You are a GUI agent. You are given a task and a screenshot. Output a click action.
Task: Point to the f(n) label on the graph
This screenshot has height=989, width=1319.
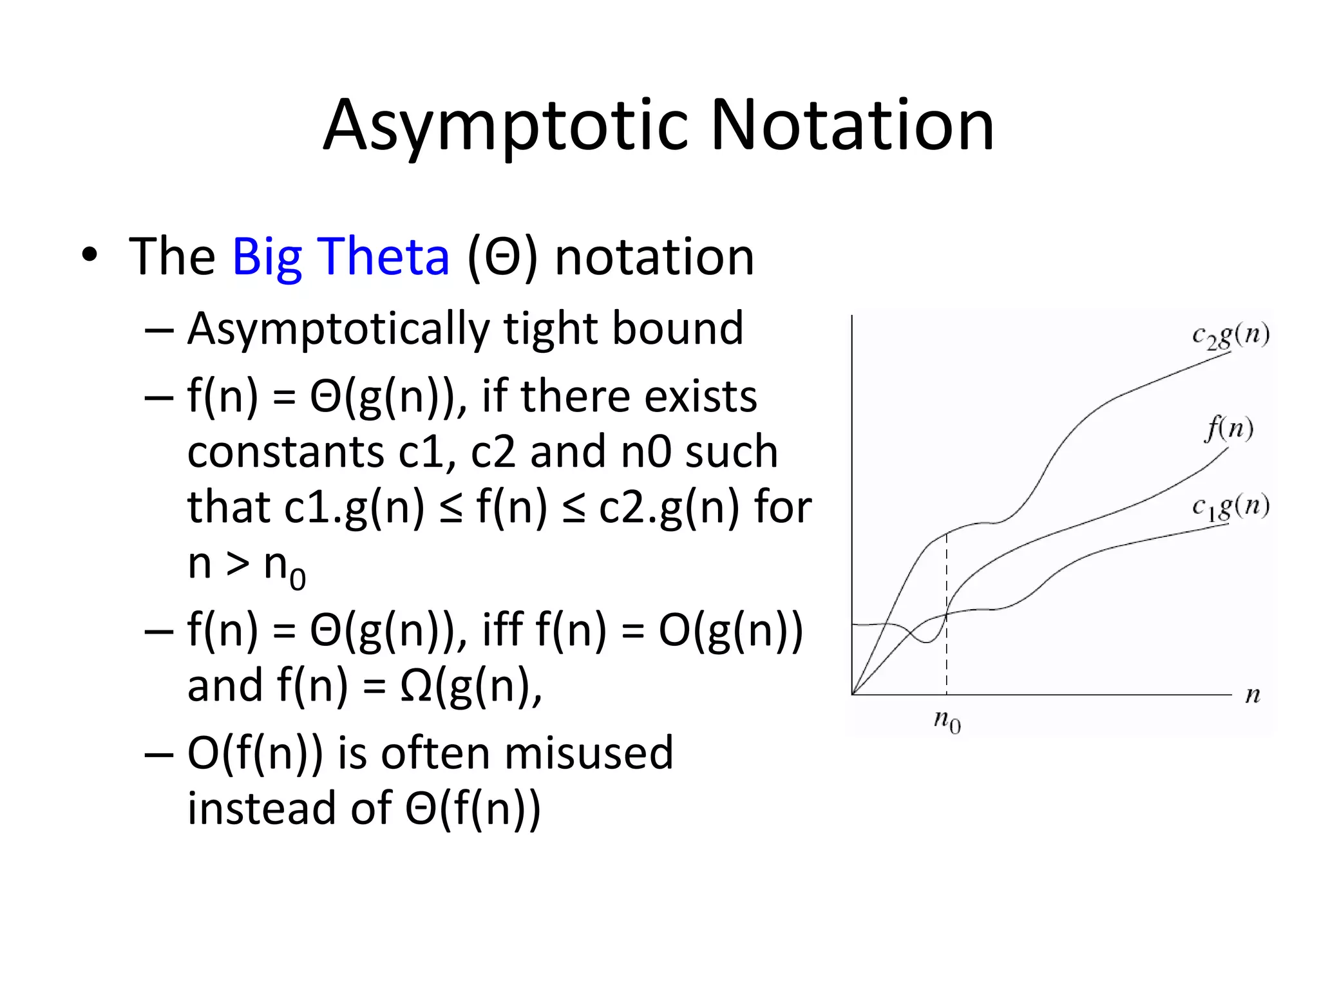coord(1229,428)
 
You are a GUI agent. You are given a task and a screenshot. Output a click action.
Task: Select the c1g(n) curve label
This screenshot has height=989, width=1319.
coord(1230,507)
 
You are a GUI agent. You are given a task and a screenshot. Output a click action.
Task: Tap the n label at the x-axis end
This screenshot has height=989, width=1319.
coord(1252,695)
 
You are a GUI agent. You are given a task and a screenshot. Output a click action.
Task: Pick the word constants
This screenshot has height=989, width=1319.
coord(285,451)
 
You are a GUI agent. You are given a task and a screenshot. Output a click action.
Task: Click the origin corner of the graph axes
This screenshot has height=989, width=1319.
coord(852,695)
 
